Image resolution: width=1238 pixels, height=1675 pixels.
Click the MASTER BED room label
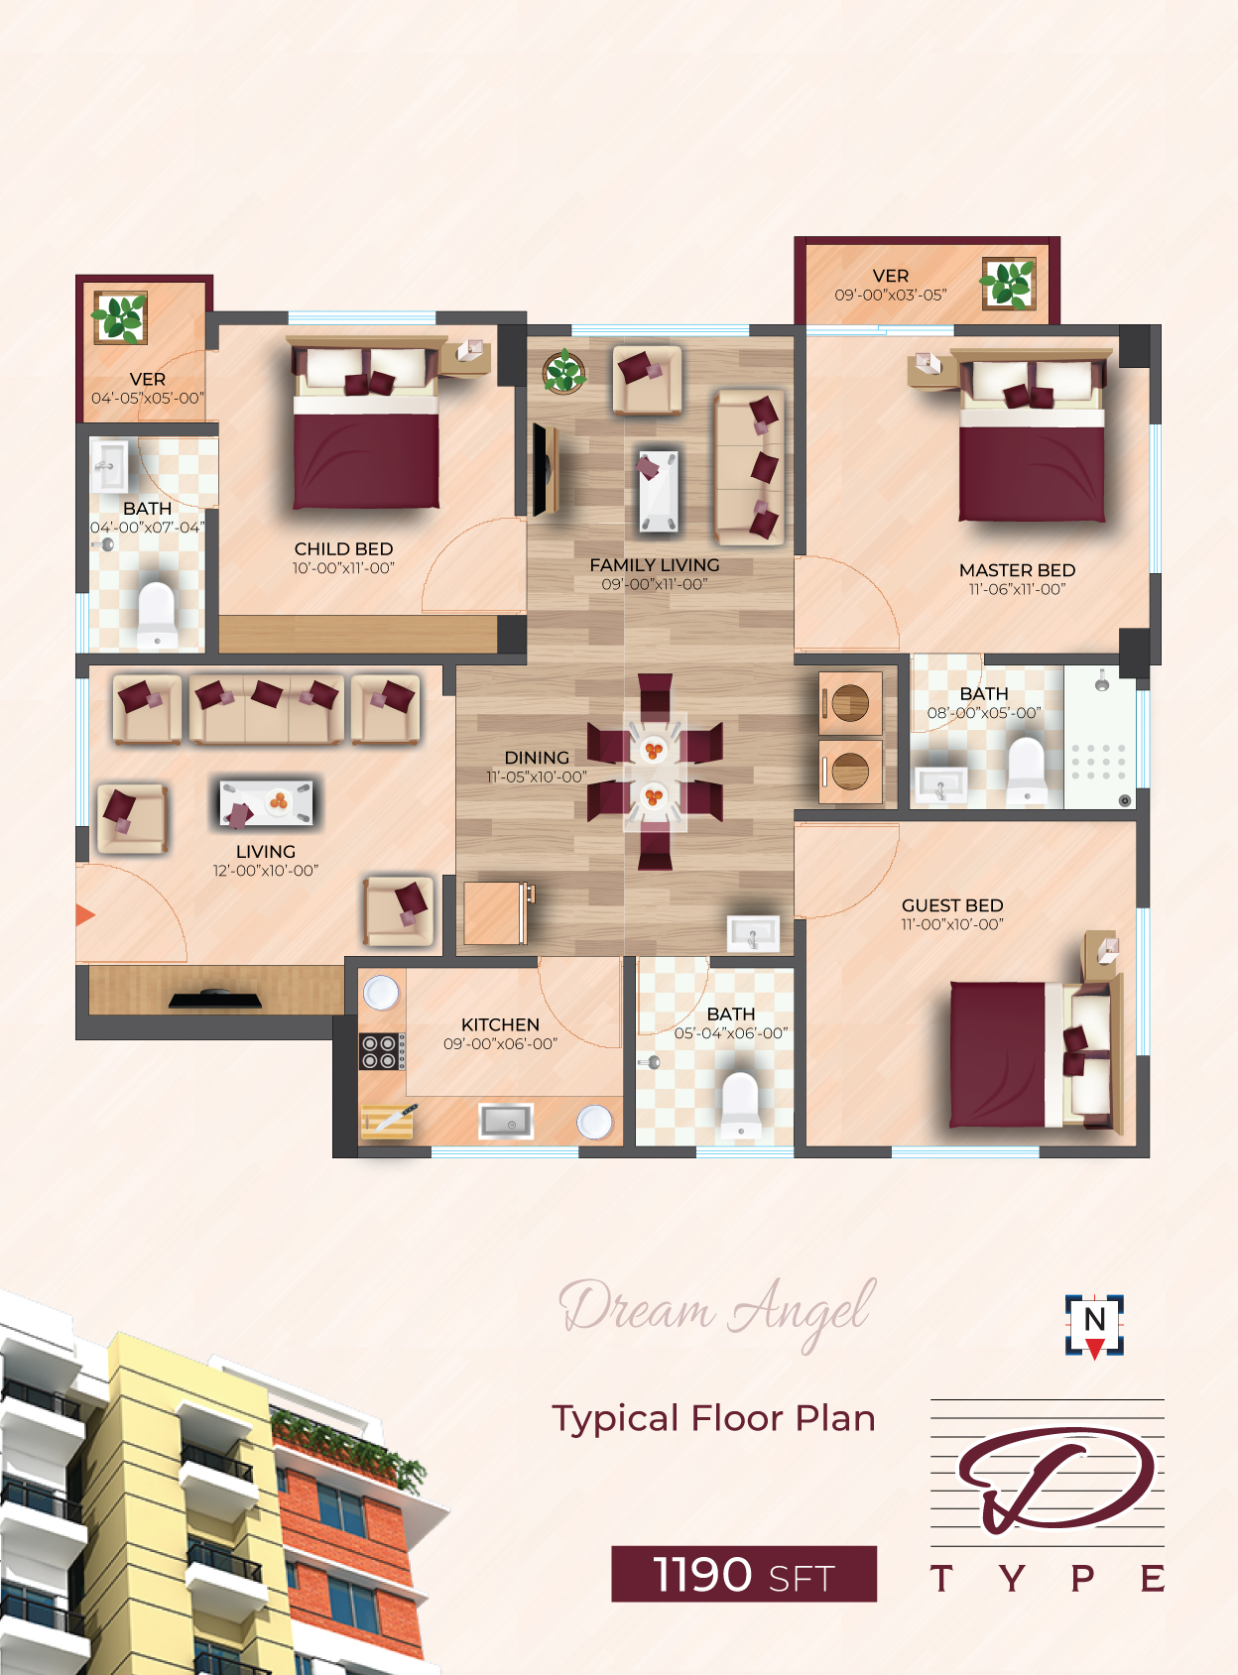pyautogui.click(x=1017, y=570)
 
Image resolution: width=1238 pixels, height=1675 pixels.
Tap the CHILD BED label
pyautogui.click(x=343, y=549)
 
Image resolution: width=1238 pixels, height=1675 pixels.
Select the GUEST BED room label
pyautogui.click(x=952, y=905)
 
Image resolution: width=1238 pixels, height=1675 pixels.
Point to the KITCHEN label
pyautogui.click(x=500, y=1024)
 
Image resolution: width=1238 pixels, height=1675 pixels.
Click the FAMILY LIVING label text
pyautogui.click(x=654, y=565)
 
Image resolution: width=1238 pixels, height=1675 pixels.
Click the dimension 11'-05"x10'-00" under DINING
pyautogui.click(x=537, y=778)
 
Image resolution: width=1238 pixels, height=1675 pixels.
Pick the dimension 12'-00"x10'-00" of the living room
pyautogui.click(x=266, y=871)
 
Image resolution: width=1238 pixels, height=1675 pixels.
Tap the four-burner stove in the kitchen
pyautogui.click(x=382, y=1051)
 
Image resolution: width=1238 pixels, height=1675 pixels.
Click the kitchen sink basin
pyautogui.click(x=506, y=1121)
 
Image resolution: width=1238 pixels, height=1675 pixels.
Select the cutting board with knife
pyautogui.click(x=388, y=1121)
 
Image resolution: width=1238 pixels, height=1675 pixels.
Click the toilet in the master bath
pyautogui.click(x=1027, y=771)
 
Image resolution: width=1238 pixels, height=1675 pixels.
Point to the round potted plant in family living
pyautogui.click(x=563, y=372)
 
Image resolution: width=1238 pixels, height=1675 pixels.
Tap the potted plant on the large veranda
pyautogui.click(x=1009, y=284)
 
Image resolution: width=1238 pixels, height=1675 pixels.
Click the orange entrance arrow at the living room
pyautogui.click(x=84, y=915)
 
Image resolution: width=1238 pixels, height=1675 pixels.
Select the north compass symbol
pyautogui.click(x=1094, y=1325)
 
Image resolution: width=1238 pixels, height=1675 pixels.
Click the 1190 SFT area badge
pyautogui.click(x=744, y=1574)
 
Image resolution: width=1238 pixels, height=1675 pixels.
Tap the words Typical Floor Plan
pyautogui.click(x=714, y=1419)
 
